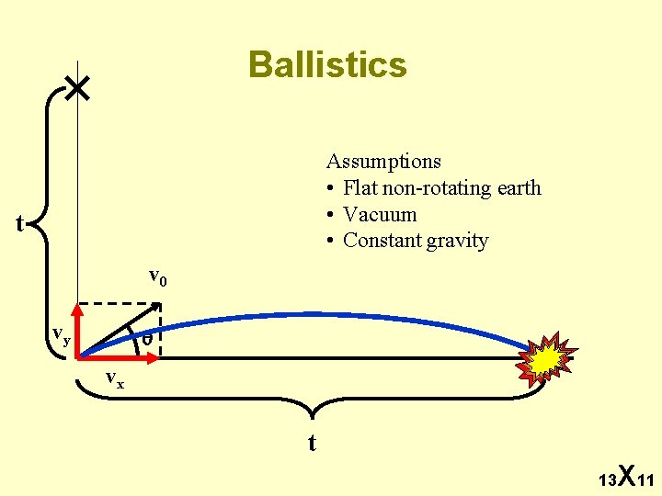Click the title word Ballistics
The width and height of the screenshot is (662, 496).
[x=327, y=65]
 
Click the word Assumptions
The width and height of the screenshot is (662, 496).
[x=383, y=162]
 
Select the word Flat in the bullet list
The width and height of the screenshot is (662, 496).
[x=359, y=188]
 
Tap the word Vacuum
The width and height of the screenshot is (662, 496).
[x=380, y=215]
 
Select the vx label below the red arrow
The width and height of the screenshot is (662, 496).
[x=114, y=378]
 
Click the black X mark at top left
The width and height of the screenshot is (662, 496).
[x=78, y=88]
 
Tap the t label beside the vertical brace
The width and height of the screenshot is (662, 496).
[x=19, y=223]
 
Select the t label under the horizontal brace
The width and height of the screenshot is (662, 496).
[x=312, y=444]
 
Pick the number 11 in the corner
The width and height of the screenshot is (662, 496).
[x=645, y=480]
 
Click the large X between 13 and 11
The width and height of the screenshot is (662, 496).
[x=625, y=475]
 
